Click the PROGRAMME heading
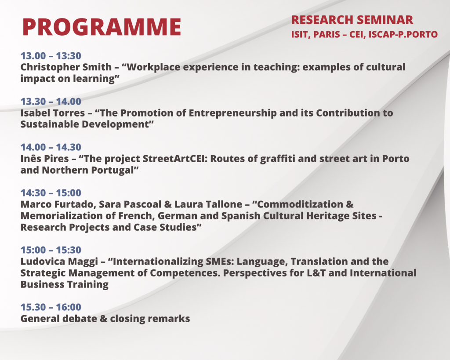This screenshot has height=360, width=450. point(102,27)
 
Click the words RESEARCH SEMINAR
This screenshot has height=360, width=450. point(352,20)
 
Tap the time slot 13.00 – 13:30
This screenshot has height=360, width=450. point(51,56)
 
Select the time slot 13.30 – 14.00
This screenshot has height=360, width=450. point(51,102)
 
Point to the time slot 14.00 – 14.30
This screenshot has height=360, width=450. point(51,147)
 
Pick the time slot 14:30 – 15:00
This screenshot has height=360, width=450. point(51,193)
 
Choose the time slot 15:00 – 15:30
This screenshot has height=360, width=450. point(51,250)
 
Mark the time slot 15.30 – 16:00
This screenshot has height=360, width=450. point(51,307)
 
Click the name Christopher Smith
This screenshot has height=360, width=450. point(66,67)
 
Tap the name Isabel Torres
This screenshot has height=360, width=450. point(53,113)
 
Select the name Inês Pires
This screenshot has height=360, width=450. point(45,159)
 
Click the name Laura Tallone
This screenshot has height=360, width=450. point(208,204)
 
